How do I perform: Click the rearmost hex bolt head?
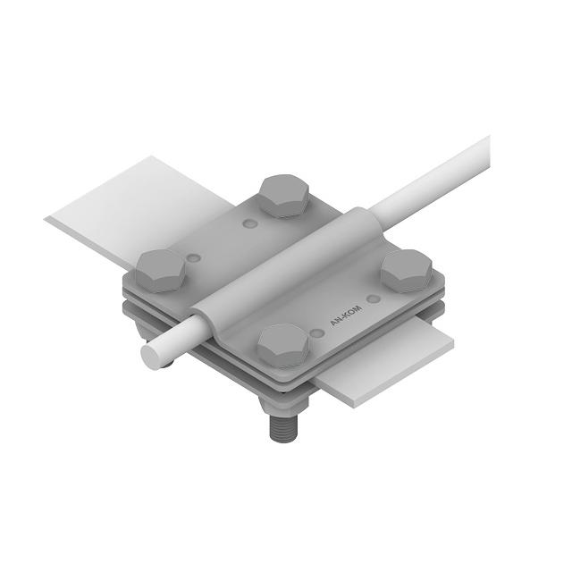(x=286, y=195)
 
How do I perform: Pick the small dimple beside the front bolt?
(x=316, y=333)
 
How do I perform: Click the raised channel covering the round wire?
(x=286, y=268)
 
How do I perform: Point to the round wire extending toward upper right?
(x=438, y=174)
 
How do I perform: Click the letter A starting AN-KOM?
(x=333, y=327)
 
